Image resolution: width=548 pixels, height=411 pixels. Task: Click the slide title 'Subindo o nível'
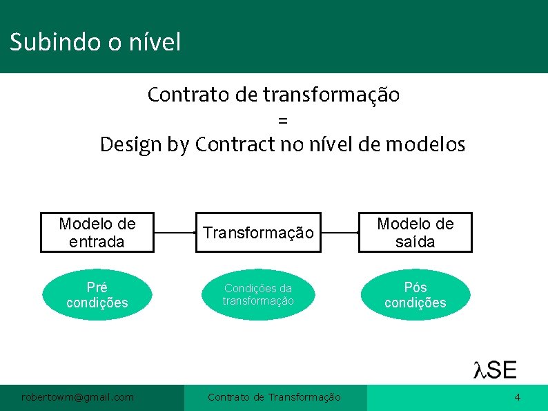(95, 43)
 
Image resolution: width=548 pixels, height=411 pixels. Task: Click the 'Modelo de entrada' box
(97, 233)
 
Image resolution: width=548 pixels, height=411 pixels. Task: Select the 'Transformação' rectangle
(258, 233)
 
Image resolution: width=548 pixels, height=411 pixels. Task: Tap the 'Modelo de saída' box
(415, 233)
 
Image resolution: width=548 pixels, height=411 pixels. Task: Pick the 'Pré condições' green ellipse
(97, 295)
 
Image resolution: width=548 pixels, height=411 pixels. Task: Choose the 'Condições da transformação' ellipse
(258, 295)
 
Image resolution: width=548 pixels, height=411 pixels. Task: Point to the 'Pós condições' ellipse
(415, 295)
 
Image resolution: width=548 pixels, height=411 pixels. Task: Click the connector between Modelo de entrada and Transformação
(175, 233)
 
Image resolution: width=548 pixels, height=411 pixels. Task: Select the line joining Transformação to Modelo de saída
(340, 233)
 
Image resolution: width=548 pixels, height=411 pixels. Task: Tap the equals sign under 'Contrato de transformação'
(282, 120)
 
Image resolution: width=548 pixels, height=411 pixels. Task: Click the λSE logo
(495, 370)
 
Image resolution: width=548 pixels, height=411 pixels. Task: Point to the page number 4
(517, 397)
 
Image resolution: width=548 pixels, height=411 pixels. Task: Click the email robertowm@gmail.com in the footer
(77, 397)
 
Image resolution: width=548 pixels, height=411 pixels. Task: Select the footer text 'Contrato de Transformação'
(274, 397)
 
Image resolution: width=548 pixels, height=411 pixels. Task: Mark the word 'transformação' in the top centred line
(331, 95)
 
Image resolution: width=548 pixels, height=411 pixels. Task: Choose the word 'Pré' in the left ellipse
(97, 287)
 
